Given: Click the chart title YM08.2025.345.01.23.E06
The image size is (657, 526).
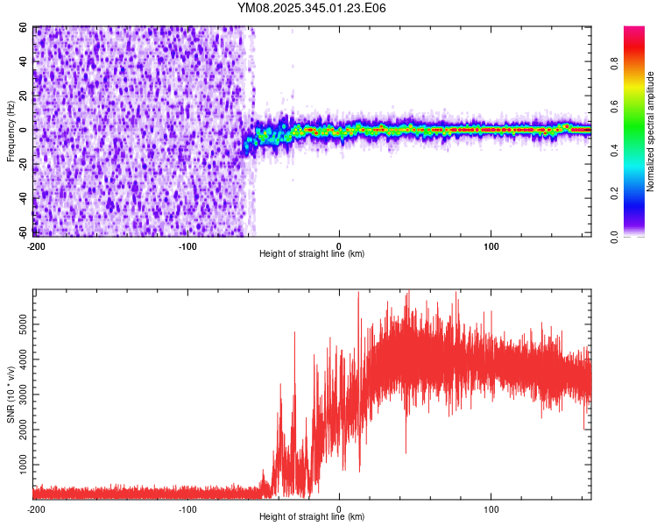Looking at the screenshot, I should point(312,8).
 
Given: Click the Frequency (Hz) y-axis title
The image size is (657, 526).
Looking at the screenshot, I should point(11,131).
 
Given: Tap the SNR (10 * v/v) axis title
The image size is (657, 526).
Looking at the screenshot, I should point(11,394).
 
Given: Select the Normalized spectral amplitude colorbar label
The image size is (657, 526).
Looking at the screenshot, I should point(651,131).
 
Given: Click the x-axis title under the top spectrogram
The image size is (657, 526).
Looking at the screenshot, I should point(312,253).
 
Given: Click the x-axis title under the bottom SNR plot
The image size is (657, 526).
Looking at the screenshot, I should point(312,516).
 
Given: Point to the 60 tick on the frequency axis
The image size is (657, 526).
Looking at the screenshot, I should point(24,27).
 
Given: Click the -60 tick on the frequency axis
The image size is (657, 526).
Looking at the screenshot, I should point(22,232).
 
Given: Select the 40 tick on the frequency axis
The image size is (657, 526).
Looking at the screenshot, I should point(24,61).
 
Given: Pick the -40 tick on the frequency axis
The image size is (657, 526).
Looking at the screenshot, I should point(22,198).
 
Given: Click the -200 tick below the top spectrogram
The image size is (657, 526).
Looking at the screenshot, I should point(35,245).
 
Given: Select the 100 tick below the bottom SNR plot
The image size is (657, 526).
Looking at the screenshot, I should point(491,508).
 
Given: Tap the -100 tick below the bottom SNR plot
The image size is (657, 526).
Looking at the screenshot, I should point(187,508).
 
